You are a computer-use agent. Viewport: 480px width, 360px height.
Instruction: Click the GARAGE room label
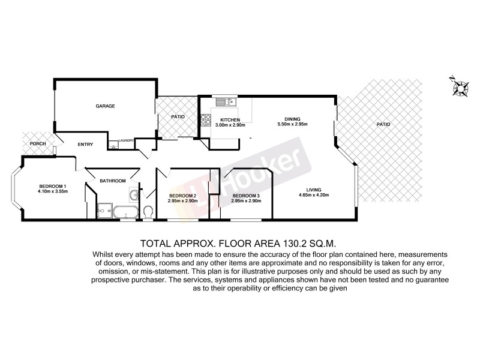pyautogui.click(x=106, y=106)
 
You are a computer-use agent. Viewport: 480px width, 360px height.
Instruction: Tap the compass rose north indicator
pyautogui.click(x=460, y=88)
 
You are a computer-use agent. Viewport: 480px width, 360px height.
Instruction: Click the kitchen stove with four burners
pyautogui.click(x=207, y=119)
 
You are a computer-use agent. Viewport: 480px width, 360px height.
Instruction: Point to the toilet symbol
pyautogui.click(x=148, y=212)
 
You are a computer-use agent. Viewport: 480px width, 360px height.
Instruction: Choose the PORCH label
pyautogui.click(x=38, y=143)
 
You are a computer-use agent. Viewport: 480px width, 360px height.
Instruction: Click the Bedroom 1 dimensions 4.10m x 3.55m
pyautogui.click(x=53, y=191)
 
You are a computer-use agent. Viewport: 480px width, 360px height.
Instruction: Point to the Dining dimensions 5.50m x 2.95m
pyautogui.click(x=292, y=124)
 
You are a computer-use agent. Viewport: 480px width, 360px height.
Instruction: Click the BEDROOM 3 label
pyautogui.click(x=246, y=196)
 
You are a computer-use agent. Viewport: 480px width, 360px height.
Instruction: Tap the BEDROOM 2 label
pyautogui.click(x=182, y=196)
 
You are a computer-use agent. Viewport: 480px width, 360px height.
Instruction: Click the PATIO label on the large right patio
pyautogui.click(x=383, y=124)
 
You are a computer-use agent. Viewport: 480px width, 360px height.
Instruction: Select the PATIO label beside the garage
pyautogui.click(x=178, y=116)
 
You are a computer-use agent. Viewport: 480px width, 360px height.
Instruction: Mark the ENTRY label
pyautogui.click(x=85, y=144)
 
